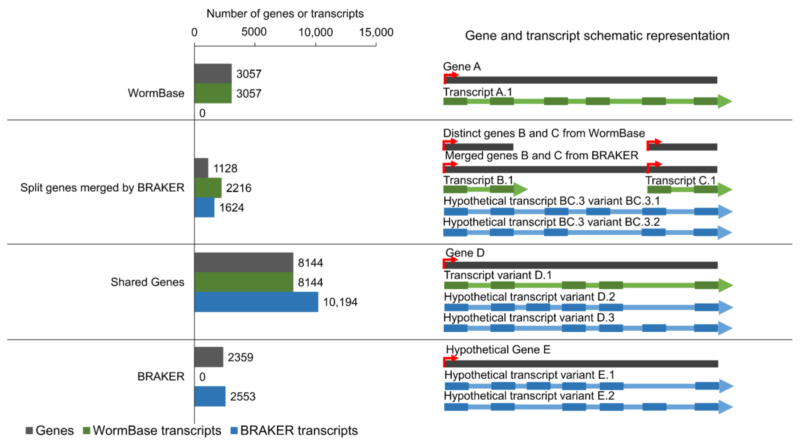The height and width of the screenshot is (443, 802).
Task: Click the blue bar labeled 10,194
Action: (256, 302)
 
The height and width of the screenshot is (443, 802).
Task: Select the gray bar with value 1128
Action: (201, 168)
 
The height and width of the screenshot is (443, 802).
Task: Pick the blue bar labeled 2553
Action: (210, 396)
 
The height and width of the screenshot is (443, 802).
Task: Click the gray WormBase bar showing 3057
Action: (213, 73)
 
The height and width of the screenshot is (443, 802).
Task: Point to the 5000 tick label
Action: (254, 32)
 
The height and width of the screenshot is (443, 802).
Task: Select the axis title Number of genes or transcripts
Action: (285, 13)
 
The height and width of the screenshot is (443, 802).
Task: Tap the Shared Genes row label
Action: (147, 282)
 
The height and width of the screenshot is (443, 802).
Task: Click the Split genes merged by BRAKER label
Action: (102, 187)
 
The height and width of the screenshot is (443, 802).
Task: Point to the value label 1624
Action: (231, 208)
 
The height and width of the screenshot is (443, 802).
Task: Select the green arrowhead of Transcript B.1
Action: (520, 189)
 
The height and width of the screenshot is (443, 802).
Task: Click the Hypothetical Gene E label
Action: (498, 349)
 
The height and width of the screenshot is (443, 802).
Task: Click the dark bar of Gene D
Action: (581, 265)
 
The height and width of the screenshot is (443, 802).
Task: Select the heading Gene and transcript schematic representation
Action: (597, 35)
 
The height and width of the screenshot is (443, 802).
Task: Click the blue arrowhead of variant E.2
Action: (725, 407)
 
